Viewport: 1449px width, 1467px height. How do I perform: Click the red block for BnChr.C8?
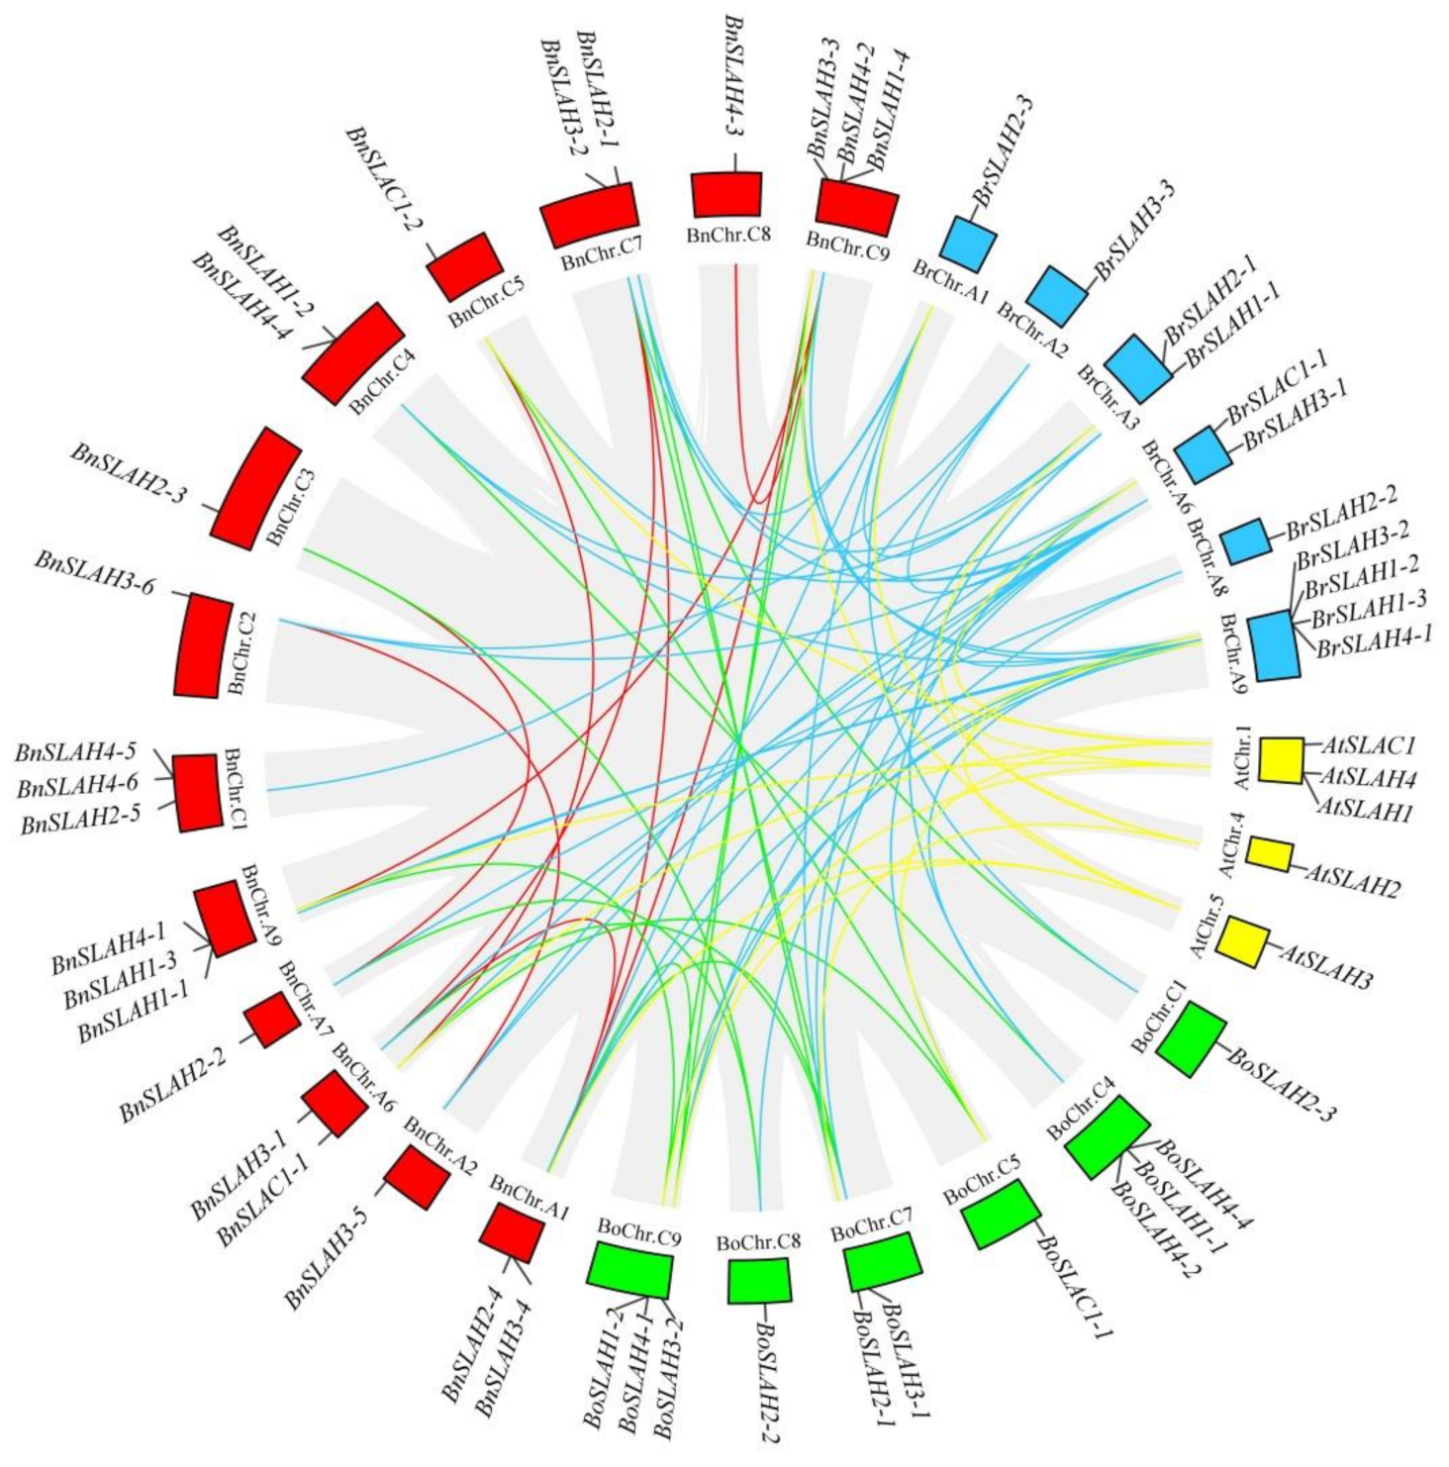(725, 194)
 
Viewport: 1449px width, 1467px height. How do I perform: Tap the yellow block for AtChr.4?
(1268, 853)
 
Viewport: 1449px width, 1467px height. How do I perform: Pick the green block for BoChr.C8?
(759, 1281)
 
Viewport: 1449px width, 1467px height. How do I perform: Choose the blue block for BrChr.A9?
(1273, 644)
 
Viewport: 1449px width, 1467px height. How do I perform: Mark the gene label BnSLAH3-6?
(95, 573)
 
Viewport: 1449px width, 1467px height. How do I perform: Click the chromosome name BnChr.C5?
(486, 303)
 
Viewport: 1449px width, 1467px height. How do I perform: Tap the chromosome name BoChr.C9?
(638, 1233)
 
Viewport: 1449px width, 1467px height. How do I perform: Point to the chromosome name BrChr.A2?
(1032, 332)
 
